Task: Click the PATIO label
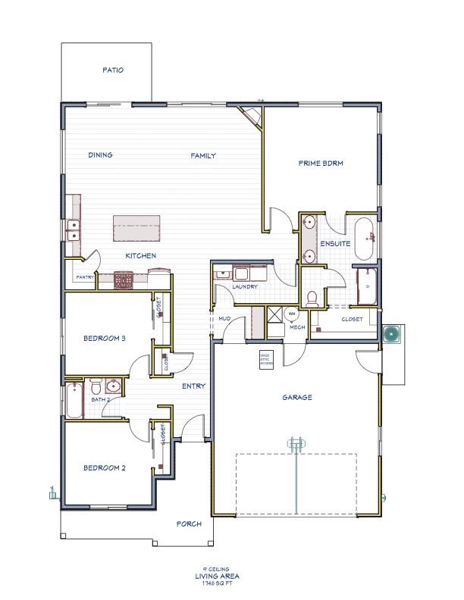113,70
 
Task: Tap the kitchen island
137,227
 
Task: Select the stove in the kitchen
124,281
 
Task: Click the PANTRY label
84,278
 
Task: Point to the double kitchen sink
74,230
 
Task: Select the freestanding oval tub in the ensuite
364,233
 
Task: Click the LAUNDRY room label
246,287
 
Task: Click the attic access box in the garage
266,359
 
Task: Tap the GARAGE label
297,397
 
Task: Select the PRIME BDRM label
319,163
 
